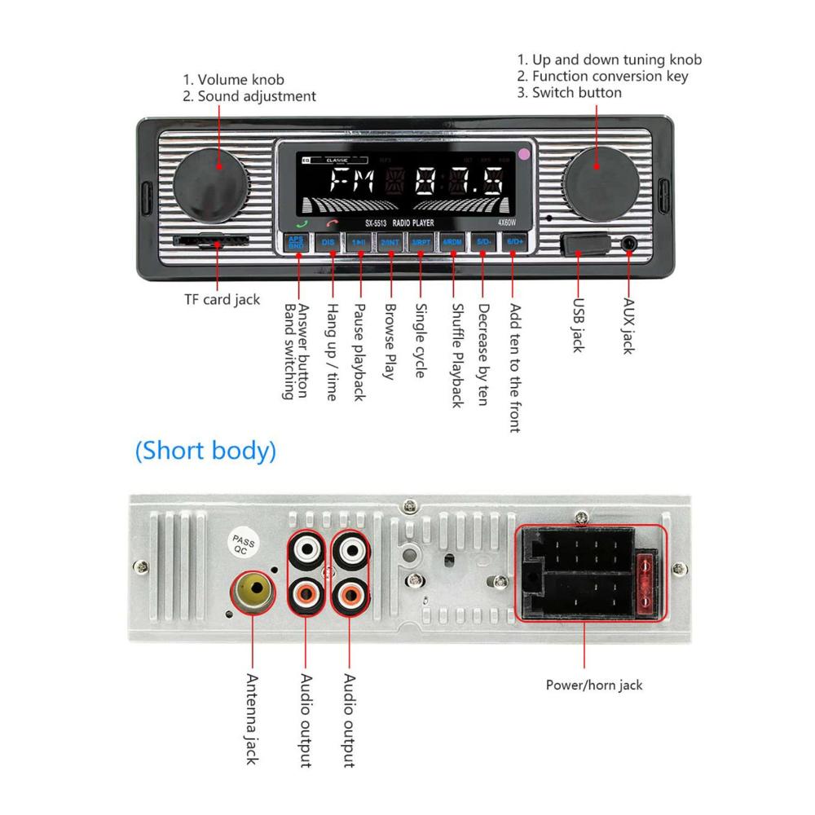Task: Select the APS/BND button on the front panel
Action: [x=296, y=243]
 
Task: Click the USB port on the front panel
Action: [x=584, y=244]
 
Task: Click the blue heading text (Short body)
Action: [x=205, y=450]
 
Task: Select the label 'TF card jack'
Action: [x=222, y=299]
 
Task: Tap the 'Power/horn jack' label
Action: [x=594, y=685]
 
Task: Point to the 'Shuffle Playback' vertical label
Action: [x=456, y=356]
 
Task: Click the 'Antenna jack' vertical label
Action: [x=251, y=718]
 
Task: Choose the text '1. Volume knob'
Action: [x=233, y=80]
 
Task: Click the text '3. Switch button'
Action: [x=569, y=92]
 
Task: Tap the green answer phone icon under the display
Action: [x=303, y=223]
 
